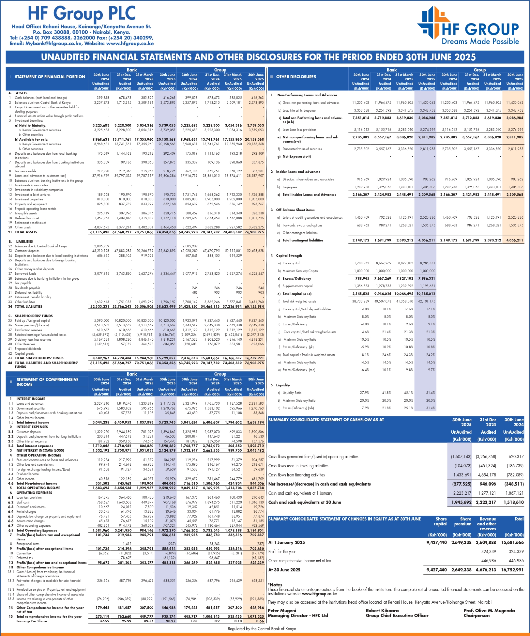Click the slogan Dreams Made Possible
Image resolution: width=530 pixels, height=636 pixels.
[x=480, y=41]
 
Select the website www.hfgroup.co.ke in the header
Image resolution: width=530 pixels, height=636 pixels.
[x=130, y=43]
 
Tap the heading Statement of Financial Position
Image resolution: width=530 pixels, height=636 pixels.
[x=50, y=77]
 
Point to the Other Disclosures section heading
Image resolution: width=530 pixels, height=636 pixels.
[x=296, y=77]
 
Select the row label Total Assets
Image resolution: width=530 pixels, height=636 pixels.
[x=26, y=232]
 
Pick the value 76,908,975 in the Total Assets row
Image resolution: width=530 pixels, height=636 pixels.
[x=254, y=232]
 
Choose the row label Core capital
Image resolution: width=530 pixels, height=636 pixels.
[x=291, y=263]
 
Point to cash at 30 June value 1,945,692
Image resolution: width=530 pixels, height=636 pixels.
[x=461, y=502]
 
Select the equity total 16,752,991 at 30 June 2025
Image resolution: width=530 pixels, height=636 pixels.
[x=512, y=570]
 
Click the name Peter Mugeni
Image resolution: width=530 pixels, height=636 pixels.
[x=282, y=611]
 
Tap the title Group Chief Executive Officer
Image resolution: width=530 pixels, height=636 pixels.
[x=397, y=615]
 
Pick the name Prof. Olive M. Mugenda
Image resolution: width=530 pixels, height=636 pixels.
[x=489, y=611]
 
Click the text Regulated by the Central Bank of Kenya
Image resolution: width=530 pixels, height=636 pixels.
[x=262, y=628]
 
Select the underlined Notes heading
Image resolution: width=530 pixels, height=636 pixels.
[x=275, y=585]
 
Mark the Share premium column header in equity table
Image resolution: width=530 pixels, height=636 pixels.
[x=463, y=521]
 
